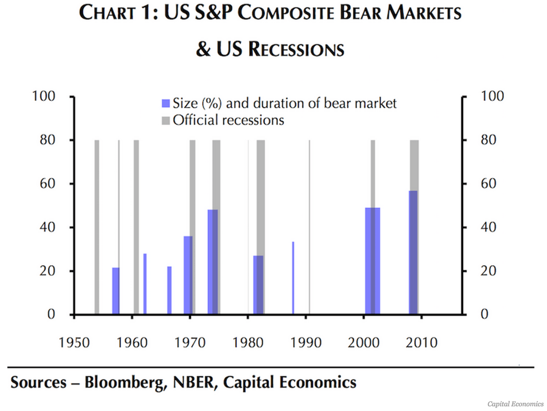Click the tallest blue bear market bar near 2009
pos(413,252)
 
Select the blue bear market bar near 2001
pos(372,261)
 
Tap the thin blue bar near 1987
pos(293,278)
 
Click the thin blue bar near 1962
pos(145,284)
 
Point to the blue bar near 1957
pos(115,291)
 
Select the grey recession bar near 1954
pos(97,227)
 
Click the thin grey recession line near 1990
pos(309,227)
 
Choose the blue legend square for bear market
pos(166,103)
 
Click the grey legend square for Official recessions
pos(166,121)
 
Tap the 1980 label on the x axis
pos(248,343)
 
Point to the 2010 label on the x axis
pos(421,343)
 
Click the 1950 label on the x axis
pos(74,343)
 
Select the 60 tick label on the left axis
pos(47,183)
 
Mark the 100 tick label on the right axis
pos(492,96)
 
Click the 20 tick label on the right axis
pos(488,271)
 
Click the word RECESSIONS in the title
pos(296,49)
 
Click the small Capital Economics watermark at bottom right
pos(515,404)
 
